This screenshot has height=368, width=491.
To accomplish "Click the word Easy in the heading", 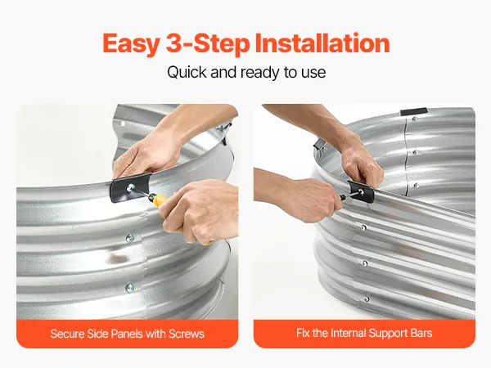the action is coord(132,44).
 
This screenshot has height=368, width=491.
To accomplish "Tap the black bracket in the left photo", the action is coord(131,187).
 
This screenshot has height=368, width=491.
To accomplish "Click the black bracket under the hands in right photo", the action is coord(361,191).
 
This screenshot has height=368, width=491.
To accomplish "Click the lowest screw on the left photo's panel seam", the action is coord(129,287).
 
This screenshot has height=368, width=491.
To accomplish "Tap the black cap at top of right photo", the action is coord(413,112).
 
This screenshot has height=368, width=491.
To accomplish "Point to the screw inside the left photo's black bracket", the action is coord(131,188).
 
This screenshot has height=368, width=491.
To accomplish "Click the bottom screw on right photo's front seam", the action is coord(367,298).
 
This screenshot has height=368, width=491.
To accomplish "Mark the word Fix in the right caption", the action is coord(303,333).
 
